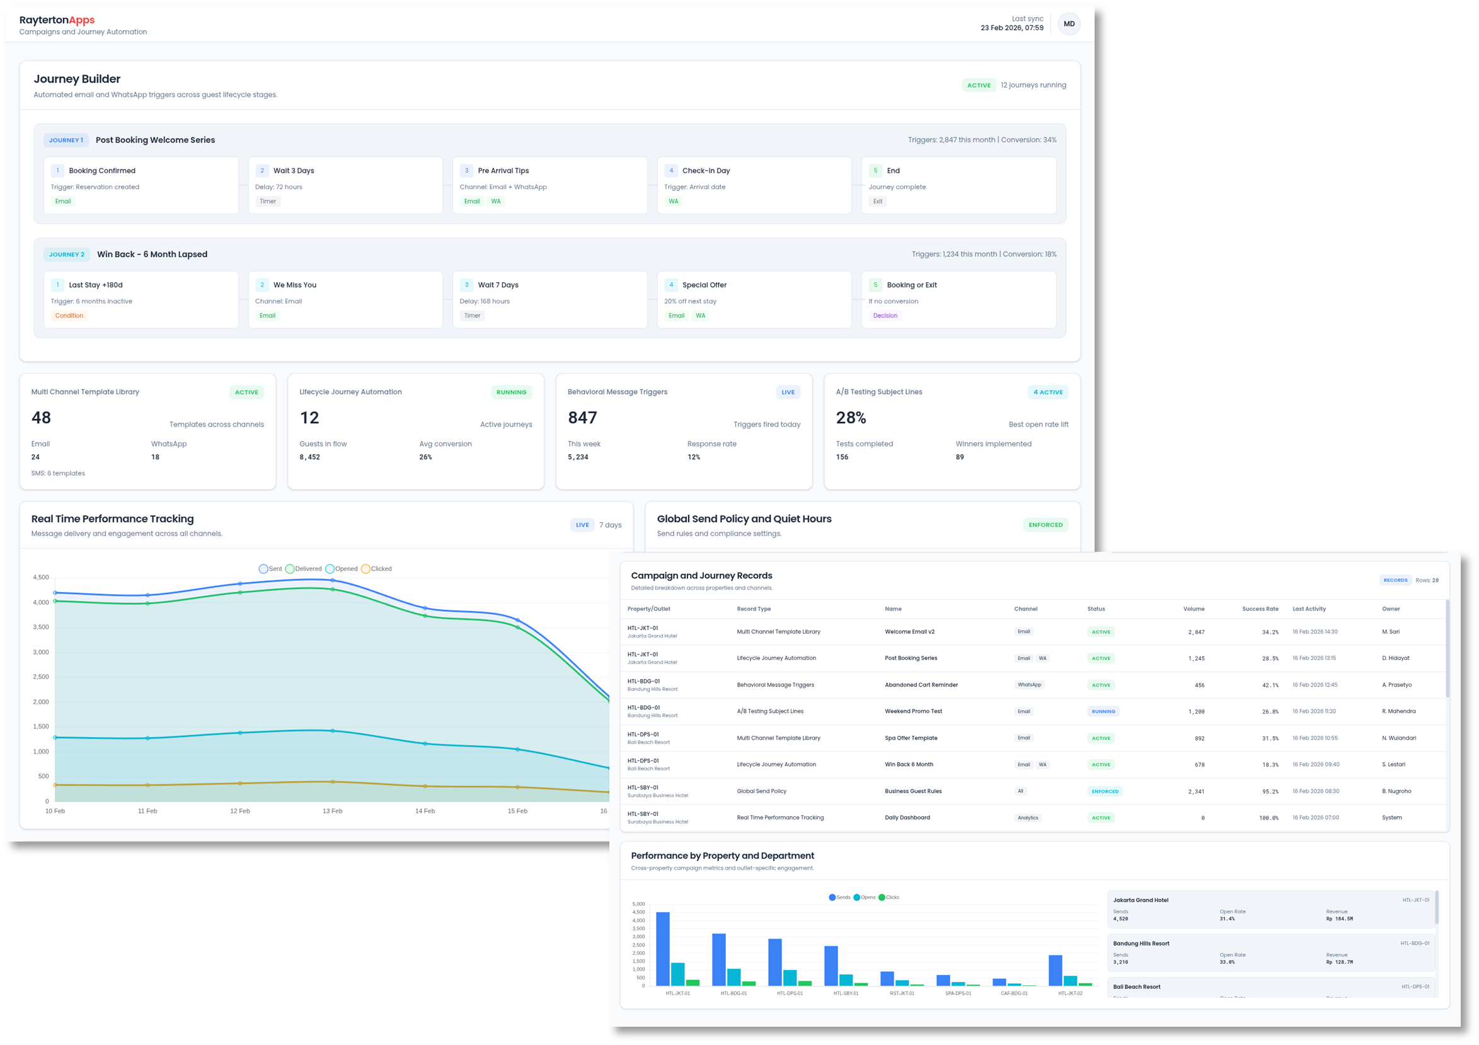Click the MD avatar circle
1069,24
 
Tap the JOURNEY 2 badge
66,254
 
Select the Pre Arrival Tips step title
503,171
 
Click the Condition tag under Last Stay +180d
69,316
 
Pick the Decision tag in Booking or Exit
885,316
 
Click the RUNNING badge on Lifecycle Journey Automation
511,392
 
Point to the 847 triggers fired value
582,418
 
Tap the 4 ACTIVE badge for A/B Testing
1047,392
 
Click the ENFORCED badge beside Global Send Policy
1045,525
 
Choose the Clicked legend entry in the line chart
377,569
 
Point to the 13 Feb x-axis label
332,811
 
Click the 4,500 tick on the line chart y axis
40,578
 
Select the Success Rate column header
1259,608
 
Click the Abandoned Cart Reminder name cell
921,685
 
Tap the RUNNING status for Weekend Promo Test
1103,712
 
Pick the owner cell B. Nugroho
1396,791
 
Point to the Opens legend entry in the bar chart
865,897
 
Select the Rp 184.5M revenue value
1339,919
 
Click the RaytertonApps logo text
57,20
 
